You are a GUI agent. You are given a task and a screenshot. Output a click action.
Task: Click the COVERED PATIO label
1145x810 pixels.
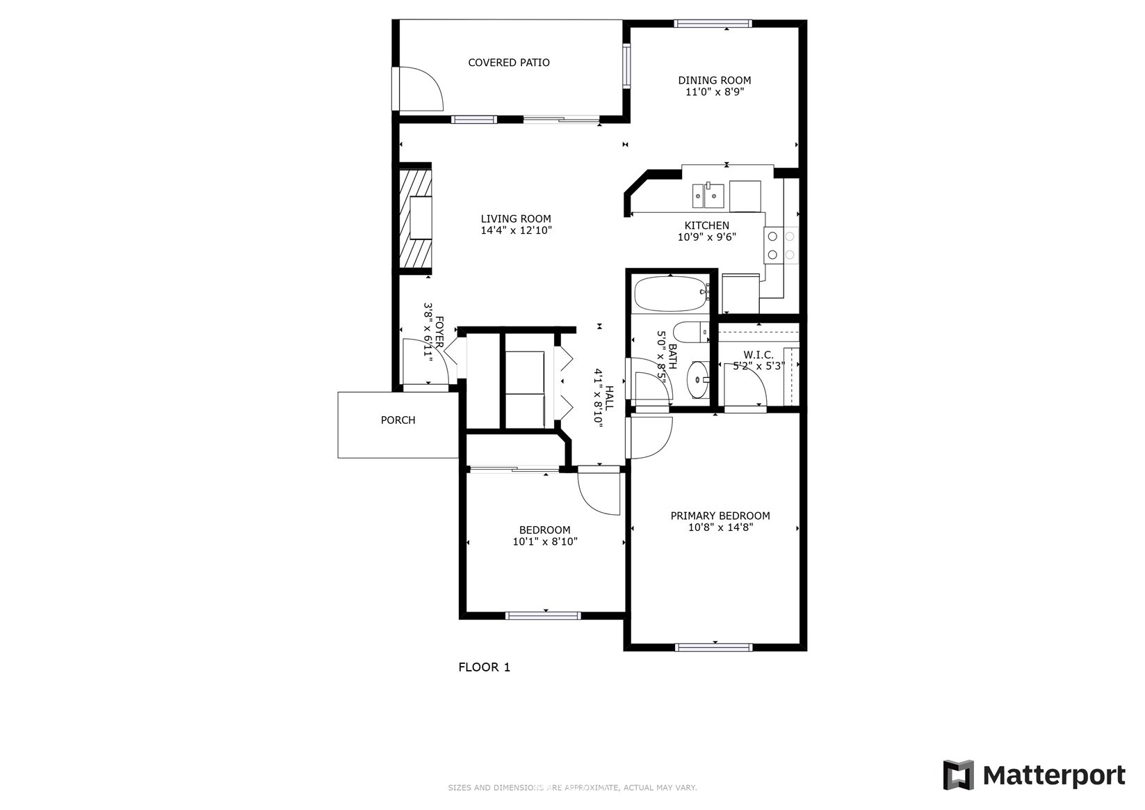point(508,63)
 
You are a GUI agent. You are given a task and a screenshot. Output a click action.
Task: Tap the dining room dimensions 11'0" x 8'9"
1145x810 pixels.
point(714,92)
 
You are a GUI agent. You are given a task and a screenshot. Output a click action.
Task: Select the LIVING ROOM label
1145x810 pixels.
point(515,219)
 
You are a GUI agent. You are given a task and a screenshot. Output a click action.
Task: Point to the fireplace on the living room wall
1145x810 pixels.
point(416,218)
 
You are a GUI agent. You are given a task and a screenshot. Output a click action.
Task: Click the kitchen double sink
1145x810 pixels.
point(708,196)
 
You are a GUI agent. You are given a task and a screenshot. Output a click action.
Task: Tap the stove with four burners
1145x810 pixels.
point(781,246)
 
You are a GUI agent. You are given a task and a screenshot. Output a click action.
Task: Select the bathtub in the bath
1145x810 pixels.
point(669,294)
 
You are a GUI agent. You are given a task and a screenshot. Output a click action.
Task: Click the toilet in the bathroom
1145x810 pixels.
point(689,333)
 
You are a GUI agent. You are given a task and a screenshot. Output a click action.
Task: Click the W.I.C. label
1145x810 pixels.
point(758,355)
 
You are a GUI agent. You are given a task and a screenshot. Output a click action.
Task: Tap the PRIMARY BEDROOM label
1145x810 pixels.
point(720,516)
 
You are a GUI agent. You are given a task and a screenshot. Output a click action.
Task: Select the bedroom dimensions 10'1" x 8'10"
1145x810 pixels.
point(545,541)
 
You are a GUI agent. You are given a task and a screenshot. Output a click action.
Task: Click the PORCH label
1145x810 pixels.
point(398,420)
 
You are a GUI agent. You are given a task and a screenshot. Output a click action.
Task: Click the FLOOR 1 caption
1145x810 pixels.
point(484,667)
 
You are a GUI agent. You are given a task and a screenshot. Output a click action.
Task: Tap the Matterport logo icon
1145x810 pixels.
point(958,775)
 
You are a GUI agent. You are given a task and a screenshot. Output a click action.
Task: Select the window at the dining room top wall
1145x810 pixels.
point(713,24)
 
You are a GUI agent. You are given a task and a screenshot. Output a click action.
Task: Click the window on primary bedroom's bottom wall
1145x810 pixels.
point(713,647)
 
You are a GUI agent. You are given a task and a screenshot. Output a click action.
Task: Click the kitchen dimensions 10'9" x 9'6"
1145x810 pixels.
point(706,237)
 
